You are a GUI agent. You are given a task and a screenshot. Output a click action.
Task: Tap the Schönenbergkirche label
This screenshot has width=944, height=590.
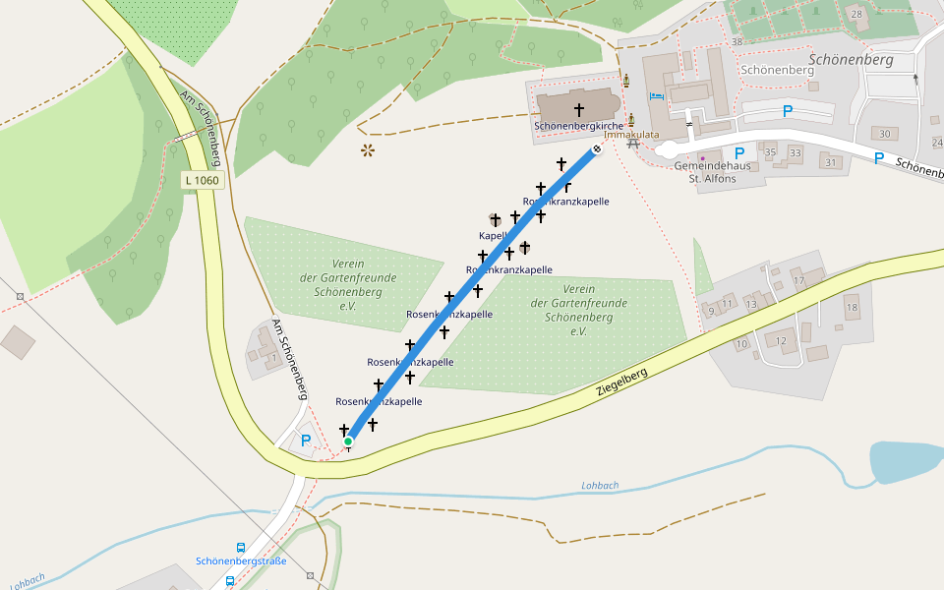[x=578, y=127]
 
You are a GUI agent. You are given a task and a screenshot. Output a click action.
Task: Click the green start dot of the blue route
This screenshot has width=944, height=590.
[x=348, y=442]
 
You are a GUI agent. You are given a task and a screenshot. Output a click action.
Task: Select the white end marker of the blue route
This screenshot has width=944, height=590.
[x=596, y=149]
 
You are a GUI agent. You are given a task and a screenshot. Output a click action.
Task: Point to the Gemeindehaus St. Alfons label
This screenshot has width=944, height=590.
[x=713, y=172]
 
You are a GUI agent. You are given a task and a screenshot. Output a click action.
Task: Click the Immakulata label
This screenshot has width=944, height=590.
[x=631, y=135]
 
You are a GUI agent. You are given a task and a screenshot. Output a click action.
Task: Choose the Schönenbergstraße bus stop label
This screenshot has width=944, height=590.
[x=241, y=561]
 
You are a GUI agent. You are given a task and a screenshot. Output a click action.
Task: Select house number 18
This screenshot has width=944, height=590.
[x=852, y=308]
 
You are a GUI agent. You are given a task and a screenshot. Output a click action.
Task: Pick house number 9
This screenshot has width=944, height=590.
[x=711, y=311]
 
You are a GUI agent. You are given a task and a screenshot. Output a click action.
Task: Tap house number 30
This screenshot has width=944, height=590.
[x=885, y=135]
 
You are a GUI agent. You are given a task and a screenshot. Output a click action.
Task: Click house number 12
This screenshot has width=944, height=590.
[x=782, y=340]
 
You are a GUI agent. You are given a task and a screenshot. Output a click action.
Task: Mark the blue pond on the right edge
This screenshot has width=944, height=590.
[x=905, y=460]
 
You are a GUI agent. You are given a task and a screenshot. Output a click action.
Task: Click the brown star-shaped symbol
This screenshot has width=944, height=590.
[x=369, y=150]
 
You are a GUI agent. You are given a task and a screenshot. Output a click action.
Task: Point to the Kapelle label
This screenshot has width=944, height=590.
[x=493, y=236]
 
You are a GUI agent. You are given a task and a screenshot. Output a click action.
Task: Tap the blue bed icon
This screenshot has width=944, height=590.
[x=656, y=96]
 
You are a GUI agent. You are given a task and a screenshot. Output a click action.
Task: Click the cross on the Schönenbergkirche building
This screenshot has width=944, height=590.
[x=578, y=109]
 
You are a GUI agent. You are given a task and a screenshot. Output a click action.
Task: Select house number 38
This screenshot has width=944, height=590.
[x=737, y=41]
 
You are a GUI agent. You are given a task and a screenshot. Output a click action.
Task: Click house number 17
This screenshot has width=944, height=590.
[x=799, y=281]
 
